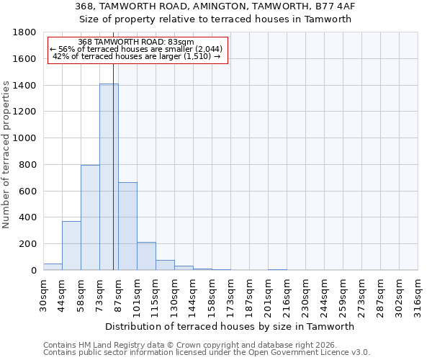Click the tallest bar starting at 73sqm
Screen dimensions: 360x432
click(x=109, y=176)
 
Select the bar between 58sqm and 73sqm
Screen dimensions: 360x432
click(x=90, y=217)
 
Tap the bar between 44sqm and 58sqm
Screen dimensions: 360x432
click(x=71, y=246)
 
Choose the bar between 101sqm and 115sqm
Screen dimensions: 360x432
click(x=146, y=256)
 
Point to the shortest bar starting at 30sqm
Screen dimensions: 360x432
click(x=53, y=266)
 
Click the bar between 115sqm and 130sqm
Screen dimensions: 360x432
click(x=165, y=265)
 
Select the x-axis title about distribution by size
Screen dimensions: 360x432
click(x=230, y=326)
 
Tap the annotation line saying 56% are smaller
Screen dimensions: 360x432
click(x=137, y=49)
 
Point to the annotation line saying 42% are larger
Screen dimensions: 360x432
click(x=137, y=56)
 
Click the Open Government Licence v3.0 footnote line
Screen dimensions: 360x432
click(x=207, y=352)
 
